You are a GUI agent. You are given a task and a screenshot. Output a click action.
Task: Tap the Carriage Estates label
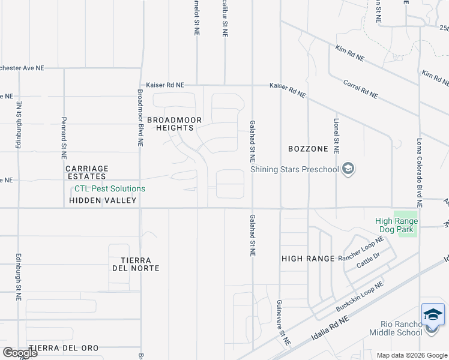click(86, 172)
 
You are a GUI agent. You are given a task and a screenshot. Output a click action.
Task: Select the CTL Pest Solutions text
click(106, 188)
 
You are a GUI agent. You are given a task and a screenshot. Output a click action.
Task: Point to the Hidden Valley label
click(103, 200)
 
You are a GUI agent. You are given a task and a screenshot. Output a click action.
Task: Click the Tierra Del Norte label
click(135, 264)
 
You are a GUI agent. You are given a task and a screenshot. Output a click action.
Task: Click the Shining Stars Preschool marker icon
click(348, 170)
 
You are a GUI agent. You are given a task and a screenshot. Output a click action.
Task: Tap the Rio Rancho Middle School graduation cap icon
click(433, 315)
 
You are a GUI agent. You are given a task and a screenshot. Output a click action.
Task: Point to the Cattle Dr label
click(369, 260)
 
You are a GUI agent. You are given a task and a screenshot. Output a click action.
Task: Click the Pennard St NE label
click(64, 138)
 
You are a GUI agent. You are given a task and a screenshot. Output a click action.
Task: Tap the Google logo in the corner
click(20, 352)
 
